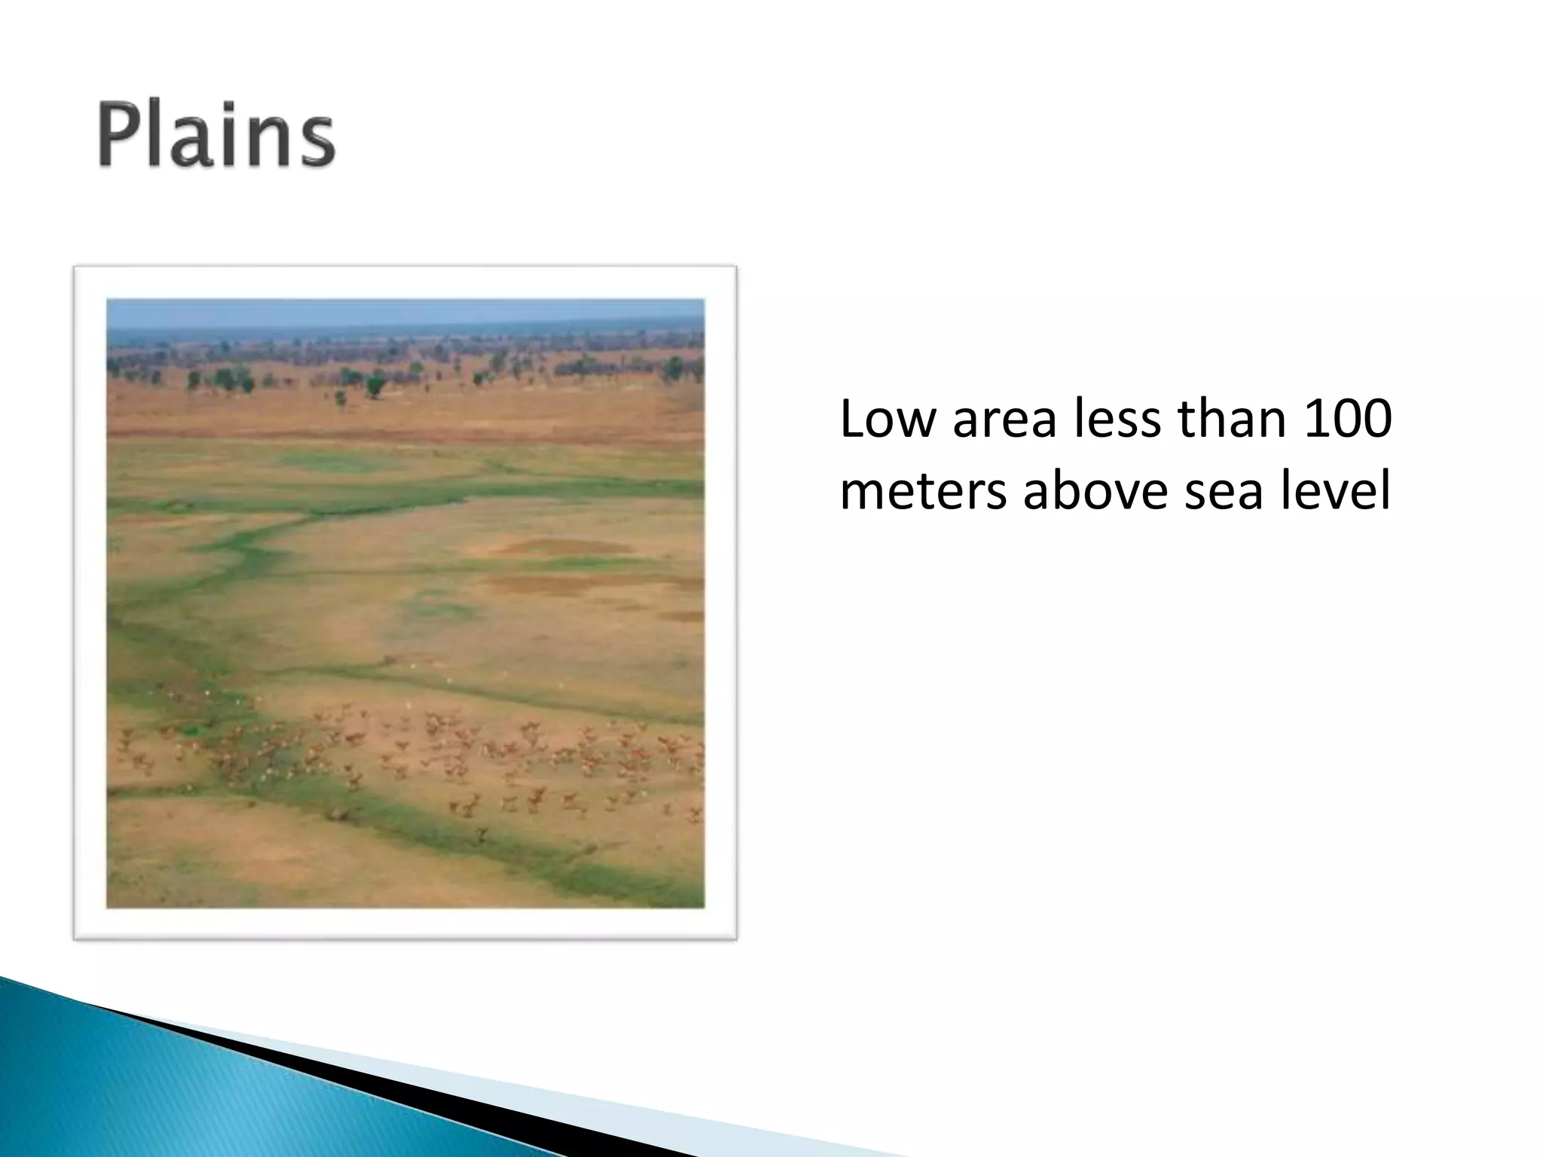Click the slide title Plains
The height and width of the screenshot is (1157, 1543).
[216, 136]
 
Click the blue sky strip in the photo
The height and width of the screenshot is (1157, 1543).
[405, 310]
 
